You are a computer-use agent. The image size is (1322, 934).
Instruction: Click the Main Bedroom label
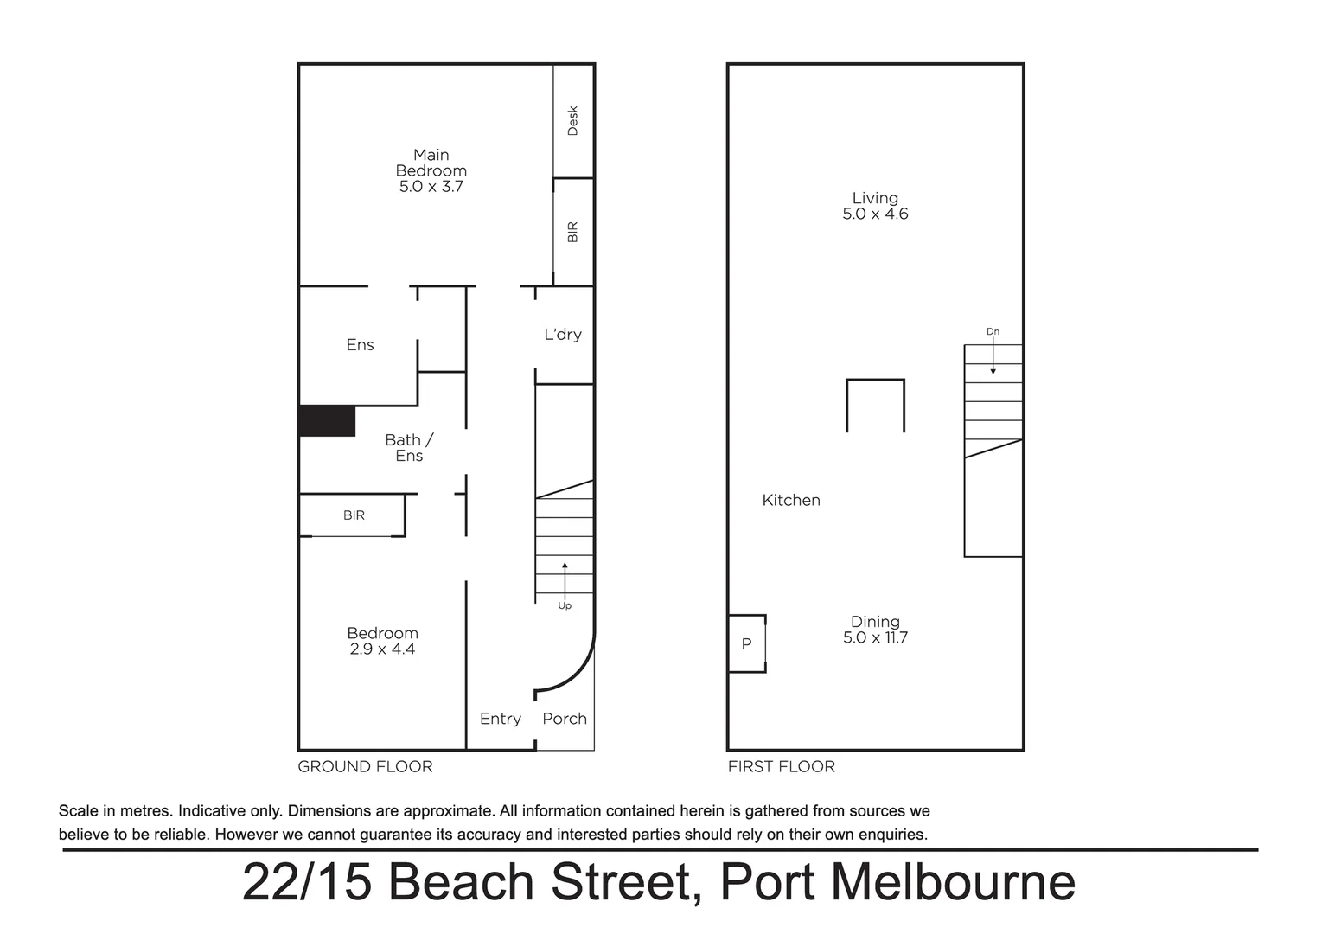point(431,163)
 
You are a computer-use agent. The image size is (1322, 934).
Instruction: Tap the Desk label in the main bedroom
point(572,120)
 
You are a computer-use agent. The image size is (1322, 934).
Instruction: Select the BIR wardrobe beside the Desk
point(572,232)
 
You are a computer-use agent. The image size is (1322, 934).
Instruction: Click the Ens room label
point(360,345)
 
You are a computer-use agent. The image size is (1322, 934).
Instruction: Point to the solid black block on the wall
point(327,421)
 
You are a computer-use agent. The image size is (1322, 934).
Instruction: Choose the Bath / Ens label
point(409,448)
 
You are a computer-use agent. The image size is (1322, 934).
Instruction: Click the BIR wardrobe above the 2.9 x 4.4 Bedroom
point(354,515)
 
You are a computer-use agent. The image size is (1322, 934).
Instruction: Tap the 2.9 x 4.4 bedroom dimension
point(382,649)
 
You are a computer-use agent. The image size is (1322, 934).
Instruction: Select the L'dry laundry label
point(563,335)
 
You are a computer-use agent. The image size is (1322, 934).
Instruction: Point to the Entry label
point(501,719)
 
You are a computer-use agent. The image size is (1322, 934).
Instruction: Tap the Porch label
point(565,719)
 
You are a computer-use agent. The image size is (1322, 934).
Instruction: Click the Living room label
point(875,198)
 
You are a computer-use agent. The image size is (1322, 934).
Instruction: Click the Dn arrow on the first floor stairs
point(993,355)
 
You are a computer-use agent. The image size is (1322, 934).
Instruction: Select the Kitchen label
point(791,500)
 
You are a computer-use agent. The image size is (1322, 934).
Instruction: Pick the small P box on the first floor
point(747,644)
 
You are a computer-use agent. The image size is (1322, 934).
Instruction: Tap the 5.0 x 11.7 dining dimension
point(875,638)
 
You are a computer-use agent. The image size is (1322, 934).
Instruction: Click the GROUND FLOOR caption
point(365,767)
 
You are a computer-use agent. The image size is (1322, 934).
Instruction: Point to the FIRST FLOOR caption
point(782,767)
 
